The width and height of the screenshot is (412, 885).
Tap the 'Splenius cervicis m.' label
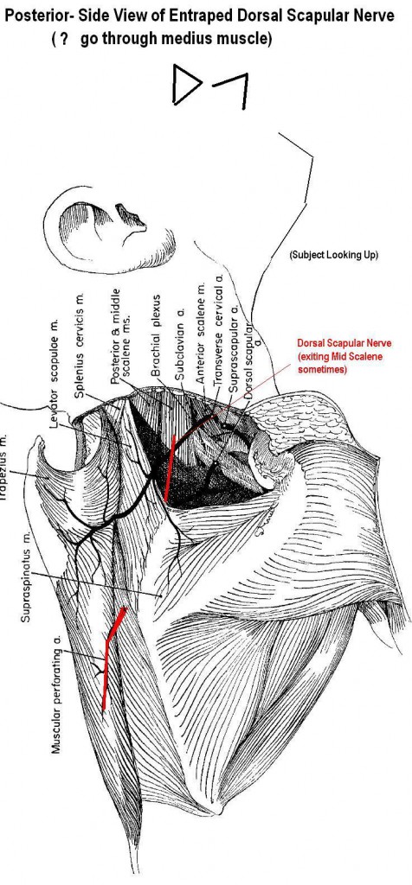coord(80,346)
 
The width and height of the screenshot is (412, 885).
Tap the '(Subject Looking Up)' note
coord(333,255)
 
